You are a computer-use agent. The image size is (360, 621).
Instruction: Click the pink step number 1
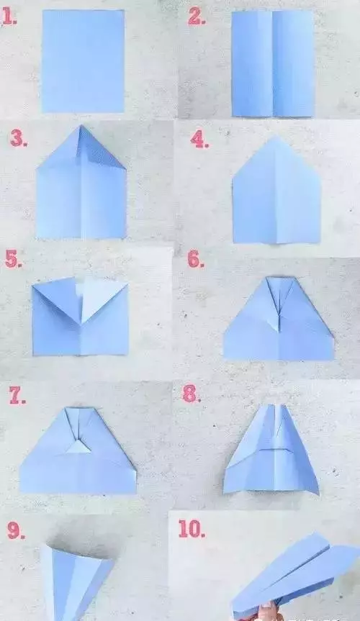pos(9,17)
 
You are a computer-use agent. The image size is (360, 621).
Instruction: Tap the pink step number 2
pos(197,17)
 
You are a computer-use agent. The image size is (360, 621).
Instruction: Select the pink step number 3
pos(19,139)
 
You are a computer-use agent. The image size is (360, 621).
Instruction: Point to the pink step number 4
pos(199,140)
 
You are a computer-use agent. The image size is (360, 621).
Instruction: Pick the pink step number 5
pos(14,260)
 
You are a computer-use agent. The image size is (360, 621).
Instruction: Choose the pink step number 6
pos(196,260)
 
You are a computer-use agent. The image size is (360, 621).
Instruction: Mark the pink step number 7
pos(17,395)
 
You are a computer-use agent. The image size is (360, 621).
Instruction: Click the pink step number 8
pos(191,394)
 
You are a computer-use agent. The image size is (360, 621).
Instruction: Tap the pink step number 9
pos(16,530)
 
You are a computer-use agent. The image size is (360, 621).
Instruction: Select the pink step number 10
pos(192,529)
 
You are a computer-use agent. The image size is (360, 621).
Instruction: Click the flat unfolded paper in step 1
pos(84,61)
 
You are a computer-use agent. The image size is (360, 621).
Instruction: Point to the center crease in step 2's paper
pos(272,64)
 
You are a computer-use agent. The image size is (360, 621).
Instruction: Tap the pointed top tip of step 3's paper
pos(81,125)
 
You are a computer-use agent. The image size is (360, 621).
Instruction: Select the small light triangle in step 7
pos(78,448)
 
